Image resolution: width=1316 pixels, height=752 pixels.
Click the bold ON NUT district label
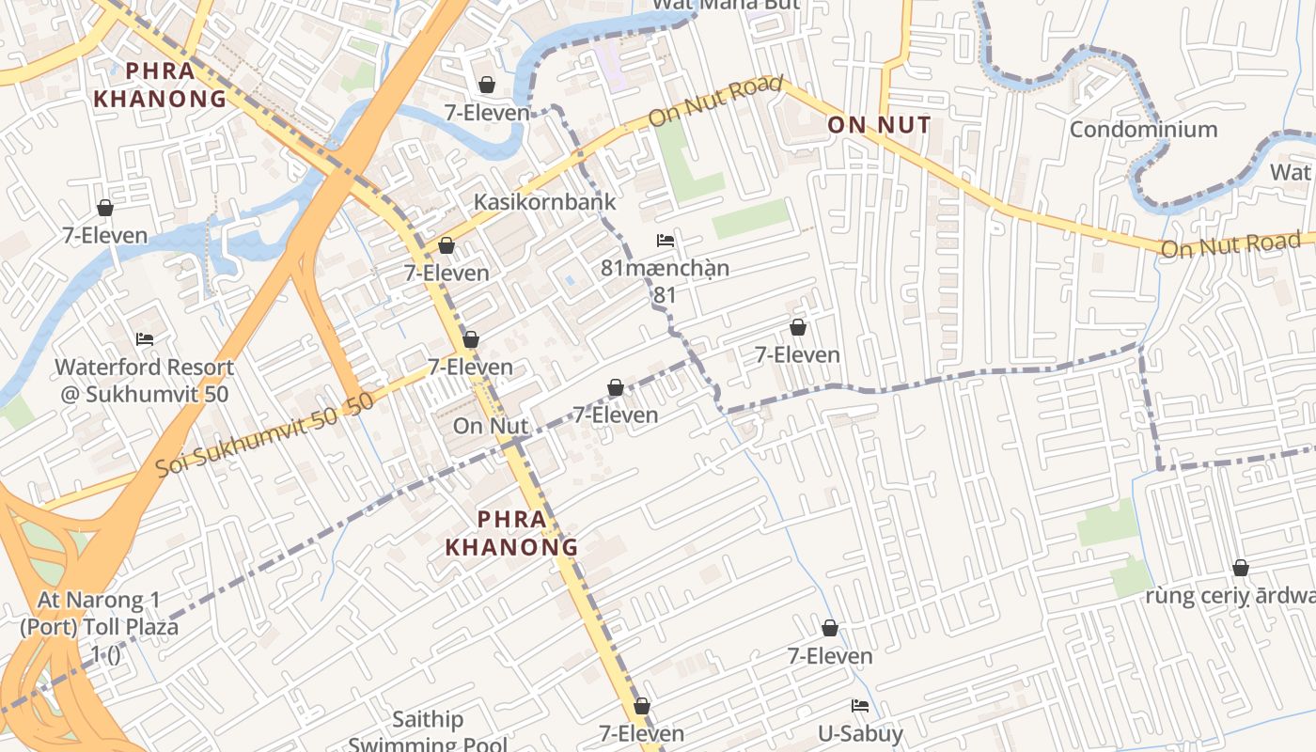coord(879,125)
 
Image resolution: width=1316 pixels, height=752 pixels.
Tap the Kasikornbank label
coord(544,201)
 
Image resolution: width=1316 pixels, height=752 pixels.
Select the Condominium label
coord(1143,130)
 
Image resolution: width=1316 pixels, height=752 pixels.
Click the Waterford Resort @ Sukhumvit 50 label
coord(144,381)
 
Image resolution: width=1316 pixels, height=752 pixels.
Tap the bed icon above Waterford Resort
coord(144,338)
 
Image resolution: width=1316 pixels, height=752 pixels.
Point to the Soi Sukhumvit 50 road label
coord(265,434)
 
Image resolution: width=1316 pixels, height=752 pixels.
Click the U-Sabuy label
coord(859,734)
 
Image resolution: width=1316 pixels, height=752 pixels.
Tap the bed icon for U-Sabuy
coord(859,706)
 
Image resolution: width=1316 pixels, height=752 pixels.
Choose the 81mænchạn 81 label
coord(665,281)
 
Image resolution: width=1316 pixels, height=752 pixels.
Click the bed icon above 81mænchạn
coord(665,241)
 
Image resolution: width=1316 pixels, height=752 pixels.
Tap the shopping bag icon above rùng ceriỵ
coord(1240,568)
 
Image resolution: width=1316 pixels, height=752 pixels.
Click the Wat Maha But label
coord(726,5)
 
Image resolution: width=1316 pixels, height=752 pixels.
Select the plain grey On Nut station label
coord(490,426)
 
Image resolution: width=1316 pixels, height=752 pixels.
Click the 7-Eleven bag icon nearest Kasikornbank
coord(446,245)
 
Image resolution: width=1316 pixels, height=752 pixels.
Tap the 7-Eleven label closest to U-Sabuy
coord(830,656)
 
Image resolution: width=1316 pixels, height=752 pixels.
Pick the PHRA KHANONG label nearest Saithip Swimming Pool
coord(511,532)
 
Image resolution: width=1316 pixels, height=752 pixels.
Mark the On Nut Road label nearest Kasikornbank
coord(716,102)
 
